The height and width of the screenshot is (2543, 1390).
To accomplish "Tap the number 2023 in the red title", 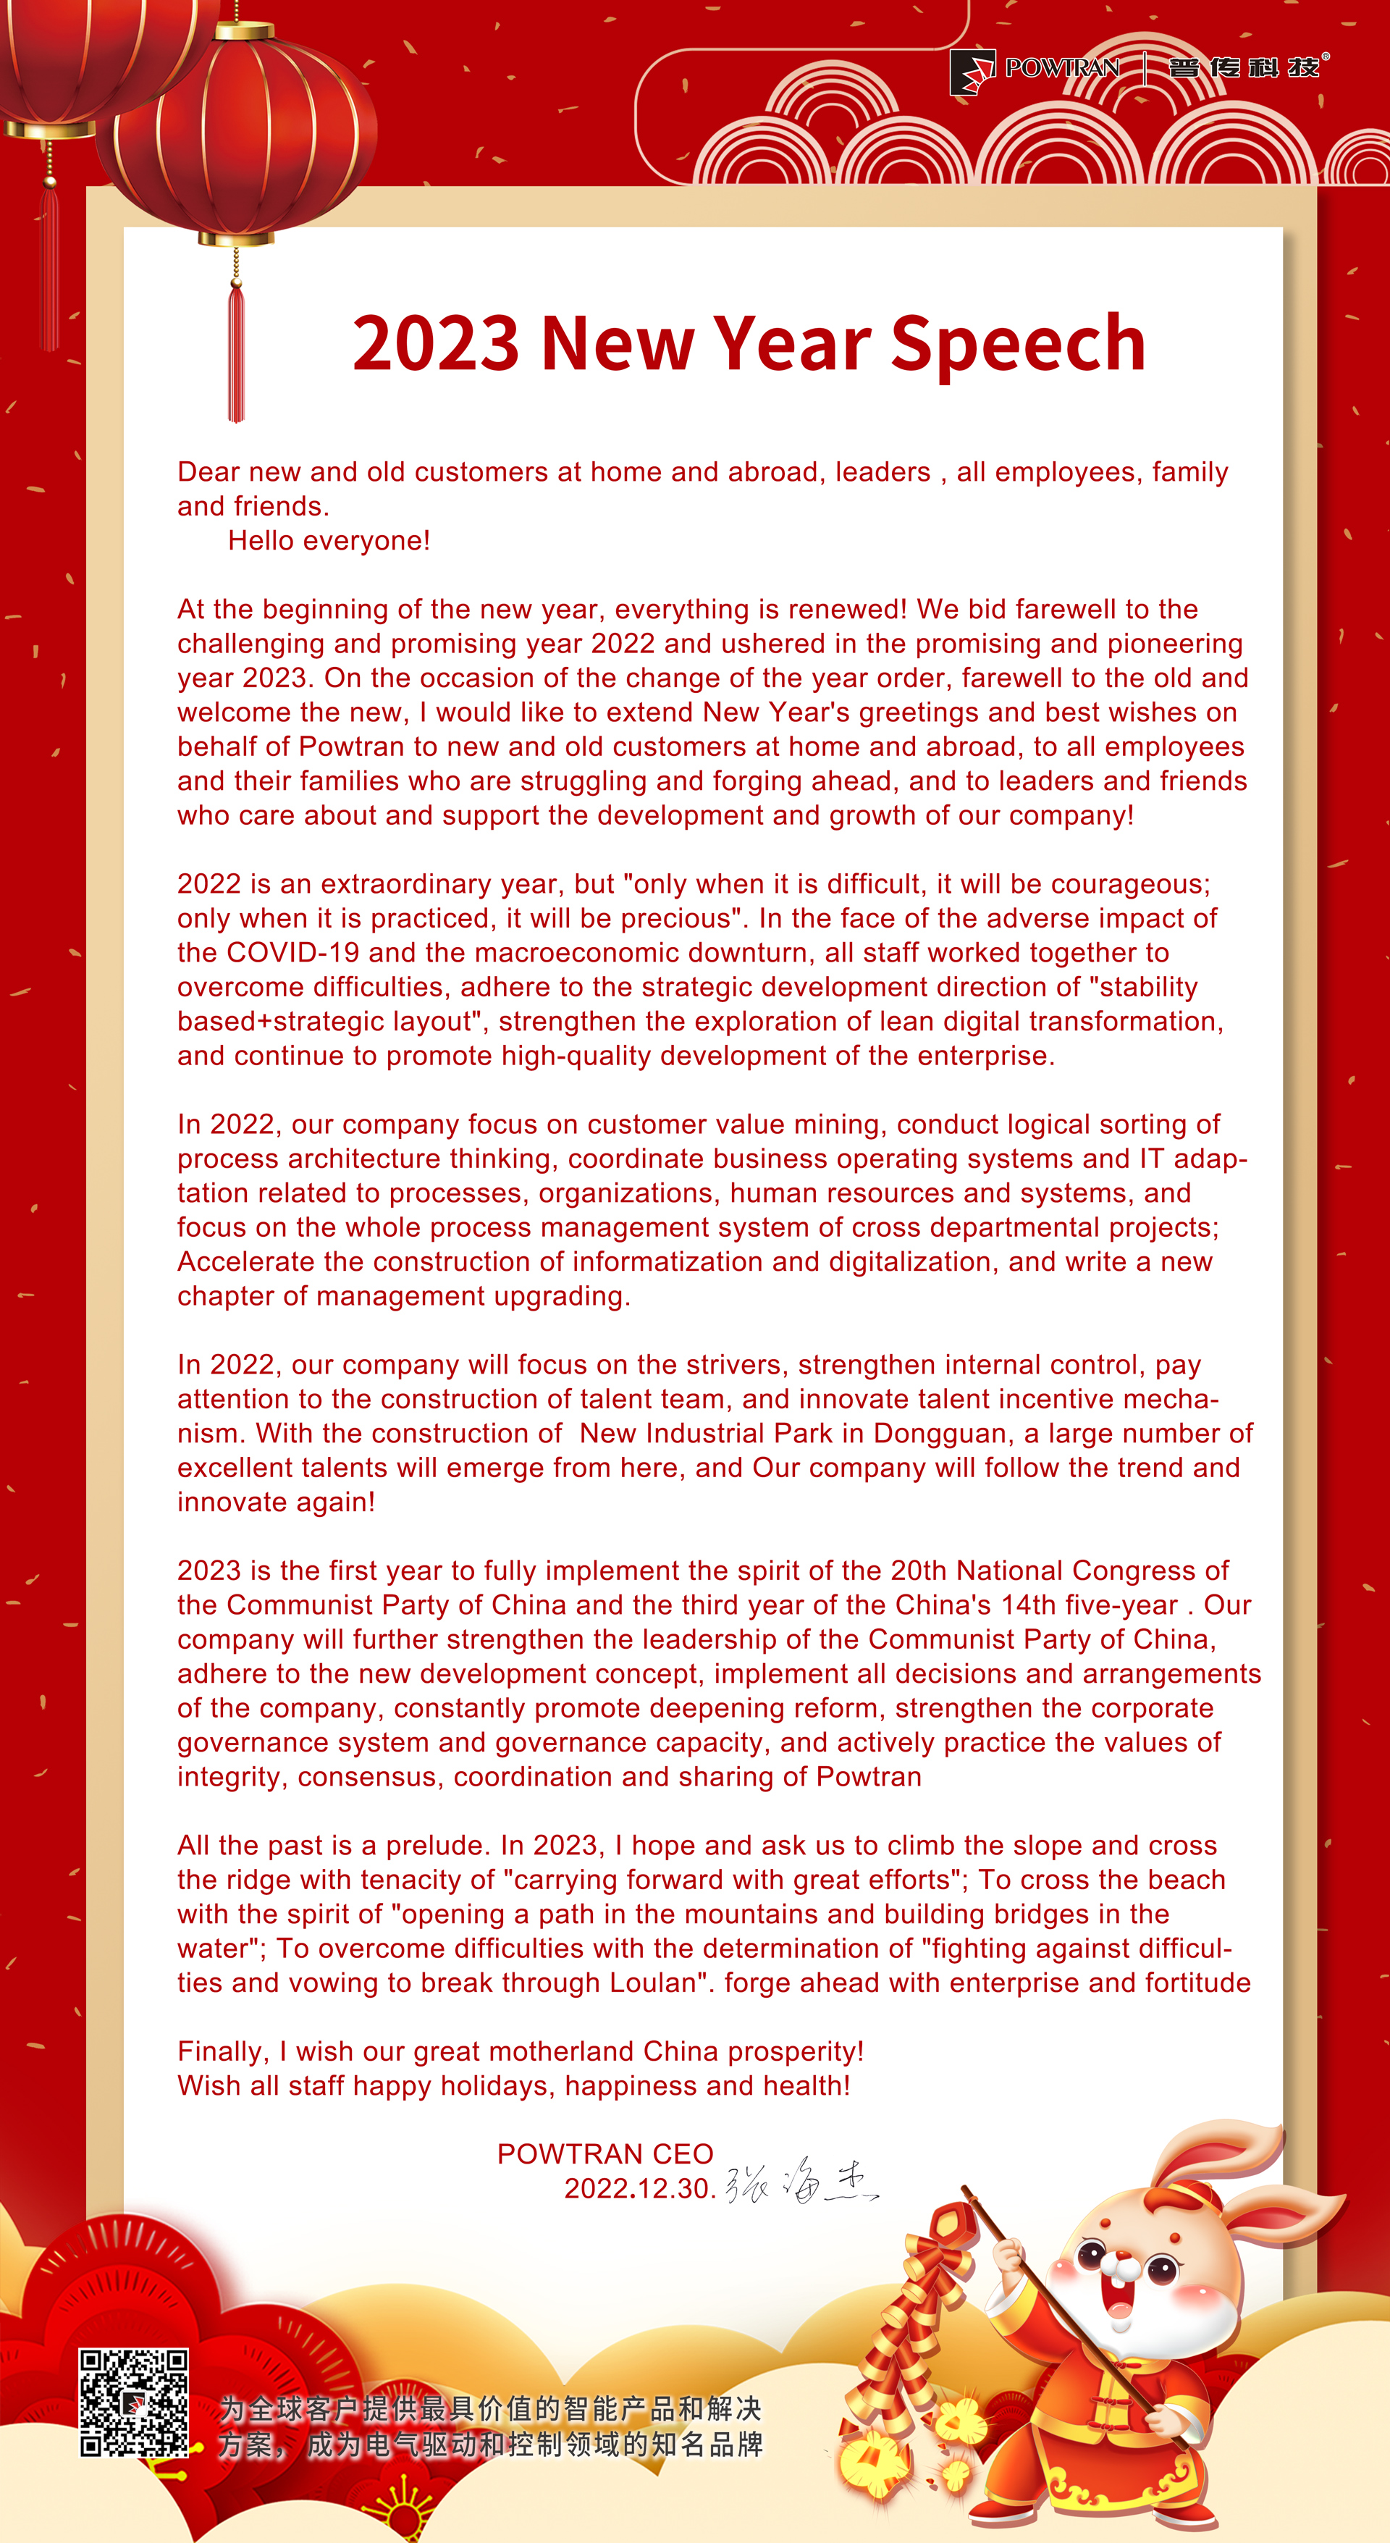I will [435, 343].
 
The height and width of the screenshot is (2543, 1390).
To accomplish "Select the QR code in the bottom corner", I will [133, 2403].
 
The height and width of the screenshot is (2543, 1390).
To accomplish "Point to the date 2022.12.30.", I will [638, 2189].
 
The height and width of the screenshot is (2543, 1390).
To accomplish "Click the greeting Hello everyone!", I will [329, 541].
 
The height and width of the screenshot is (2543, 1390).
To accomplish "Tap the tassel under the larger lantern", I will [236, 350].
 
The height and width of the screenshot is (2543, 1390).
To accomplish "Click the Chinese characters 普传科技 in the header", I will [1244, 68].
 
